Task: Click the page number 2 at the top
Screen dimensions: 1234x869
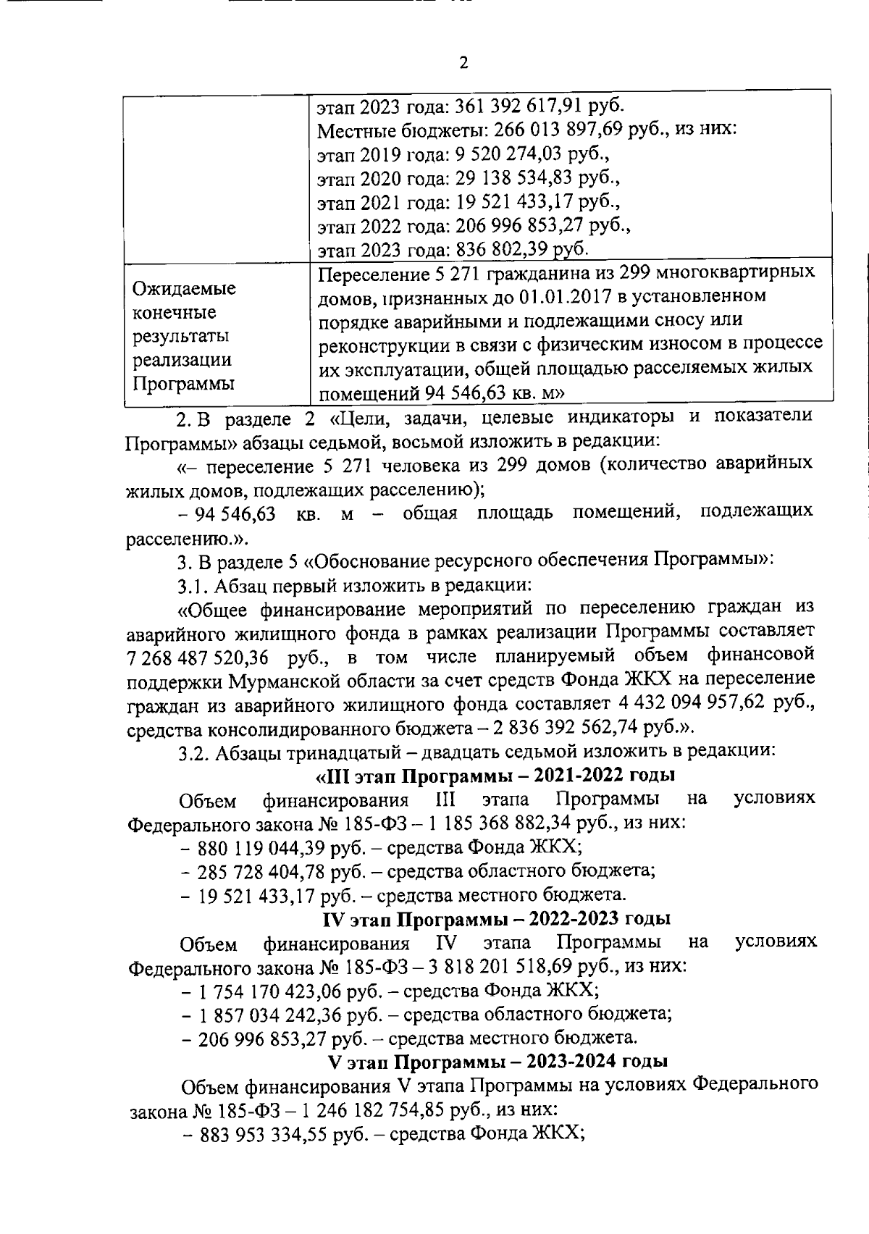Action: [463, 63]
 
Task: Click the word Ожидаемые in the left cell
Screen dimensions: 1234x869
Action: [183, 289]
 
